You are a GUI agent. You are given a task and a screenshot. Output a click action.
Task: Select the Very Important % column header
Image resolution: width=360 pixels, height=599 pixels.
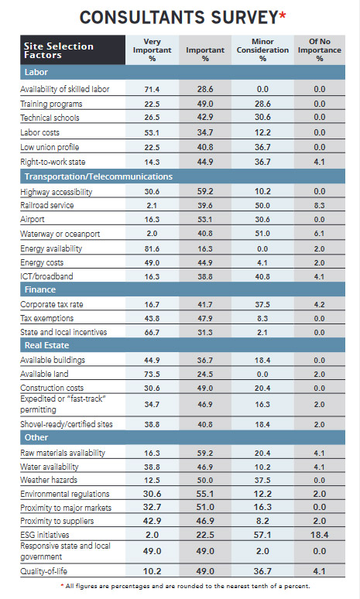click(153, 50)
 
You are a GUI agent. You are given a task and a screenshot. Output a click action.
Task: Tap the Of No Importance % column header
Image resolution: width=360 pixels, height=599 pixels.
click(319, 50)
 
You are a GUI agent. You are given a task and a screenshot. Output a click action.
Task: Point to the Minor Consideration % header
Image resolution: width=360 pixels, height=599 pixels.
click(262, 50)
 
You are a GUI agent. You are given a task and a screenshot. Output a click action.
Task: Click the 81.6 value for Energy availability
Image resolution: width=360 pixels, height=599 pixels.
click(153, 248)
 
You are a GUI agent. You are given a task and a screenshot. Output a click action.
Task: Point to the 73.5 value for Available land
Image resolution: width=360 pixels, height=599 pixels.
click(153, 374)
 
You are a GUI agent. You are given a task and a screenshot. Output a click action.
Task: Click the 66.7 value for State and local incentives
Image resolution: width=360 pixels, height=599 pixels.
click(153, 332)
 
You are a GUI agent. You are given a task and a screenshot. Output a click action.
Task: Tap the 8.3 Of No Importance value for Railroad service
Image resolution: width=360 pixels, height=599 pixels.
click(319, 205)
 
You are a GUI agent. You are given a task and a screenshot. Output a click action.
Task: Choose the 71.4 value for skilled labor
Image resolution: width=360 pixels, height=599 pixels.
click(153, 89)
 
